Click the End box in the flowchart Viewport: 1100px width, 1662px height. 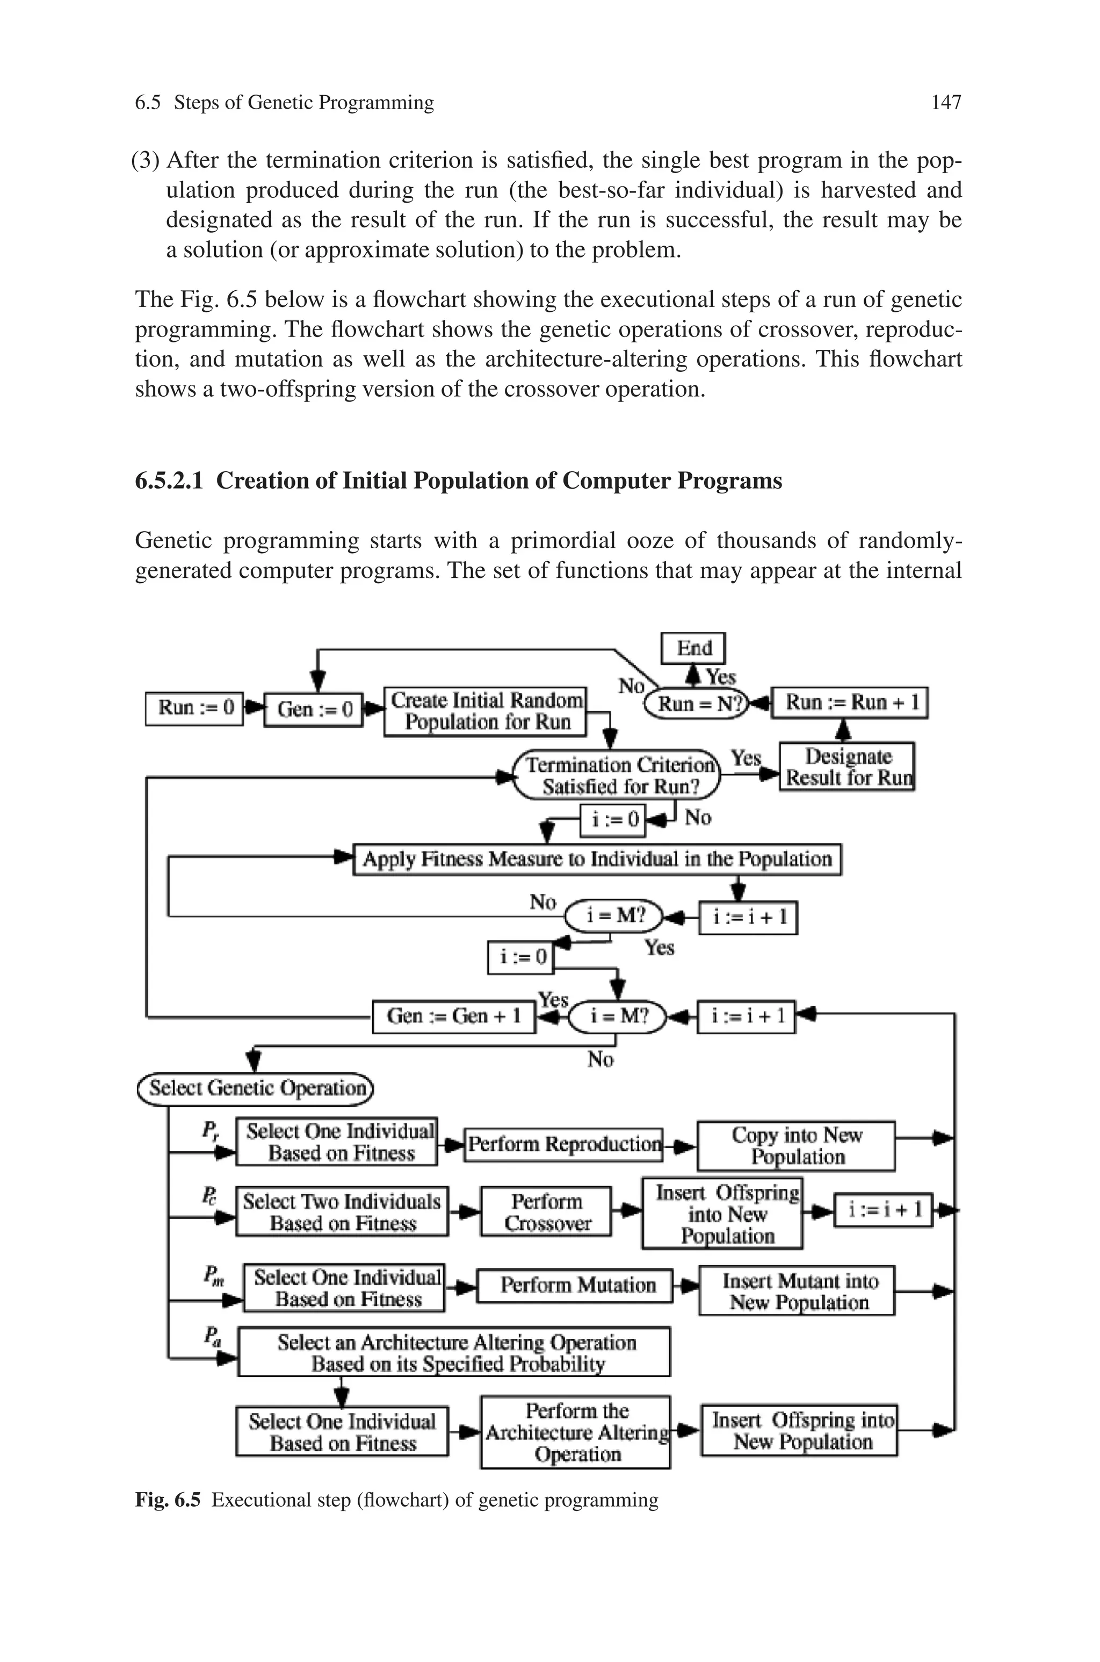(x=693, y=648)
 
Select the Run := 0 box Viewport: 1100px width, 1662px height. (x=194, y=707)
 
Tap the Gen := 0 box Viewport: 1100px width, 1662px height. (x=314, y=709)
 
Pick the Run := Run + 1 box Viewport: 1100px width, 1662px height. (x=850, y=703)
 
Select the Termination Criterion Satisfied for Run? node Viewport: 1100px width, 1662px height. (x=617, y=775)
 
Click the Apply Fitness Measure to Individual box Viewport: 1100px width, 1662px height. (x=597, y=859)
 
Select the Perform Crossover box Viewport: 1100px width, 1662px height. (x=546, y=1212)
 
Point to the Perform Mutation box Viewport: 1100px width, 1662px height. (x=575, y=1285)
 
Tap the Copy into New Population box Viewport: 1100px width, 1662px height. (x=796, y=1146)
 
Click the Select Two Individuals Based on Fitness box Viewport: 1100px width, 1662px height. (x=342, y=1212)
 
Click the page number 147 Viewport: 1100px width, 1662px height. (x=946, y=103)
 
